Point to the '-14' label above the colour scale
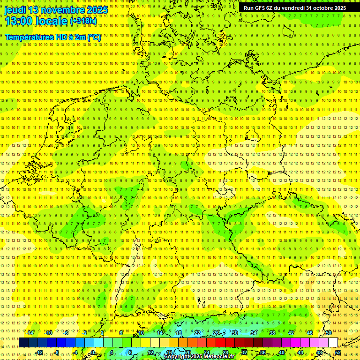coord(30,333)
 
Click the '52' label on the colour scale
coord(338,352)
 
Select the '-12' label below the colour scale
coord(39,352)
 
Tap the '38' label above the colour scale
coord(272,333)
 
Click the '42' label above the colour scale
coord(291,333)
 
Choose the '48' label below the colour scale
coord(319,352)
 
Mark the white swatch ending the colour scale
coord(333,342)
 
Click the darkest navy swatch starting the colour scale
coord(23,342)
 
